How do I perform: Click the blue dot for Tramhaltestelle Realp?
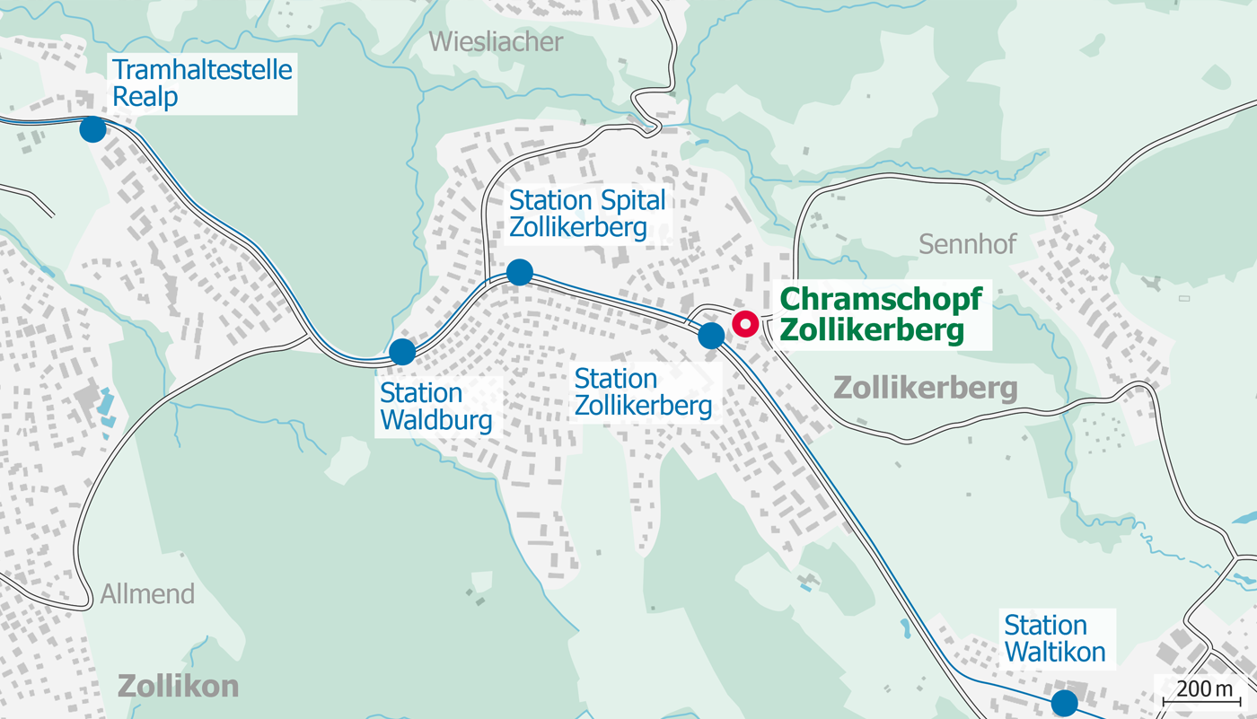click(x=92, y=129)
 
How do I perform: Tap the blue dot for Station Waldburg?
click(x=402, y=352)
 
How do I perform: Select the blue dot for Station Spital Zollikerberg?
click(x=520, y=271)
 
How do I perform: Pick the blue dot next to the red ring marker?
click(x=711, y=336)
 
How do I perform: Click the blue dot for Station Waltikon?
click(x=1065, y=702)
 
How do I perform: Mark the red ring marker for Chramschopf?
click(x=745, y=323)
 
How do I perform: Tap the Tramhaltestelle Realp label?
click(x=203, y=83)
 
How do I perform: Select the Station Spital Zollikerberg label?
click(x=588, y=214)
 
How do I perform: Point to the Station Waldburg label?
click(x=435, y=407)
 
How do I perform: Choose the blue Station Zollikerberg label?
click(x=643, y=392)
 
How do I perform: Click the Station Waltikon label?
click(x=1054, y=637)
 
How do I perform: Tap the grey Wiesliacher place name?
click(x=496, y=41)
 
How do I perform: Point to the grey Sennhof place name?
click(x=968, y=243)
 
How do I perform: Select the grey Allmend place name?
click(x=147, y=594)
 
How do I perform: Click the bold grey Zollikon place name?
click(x=179, y=687)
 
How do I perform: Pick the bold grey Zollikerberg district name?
click(x=926, y=389)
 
